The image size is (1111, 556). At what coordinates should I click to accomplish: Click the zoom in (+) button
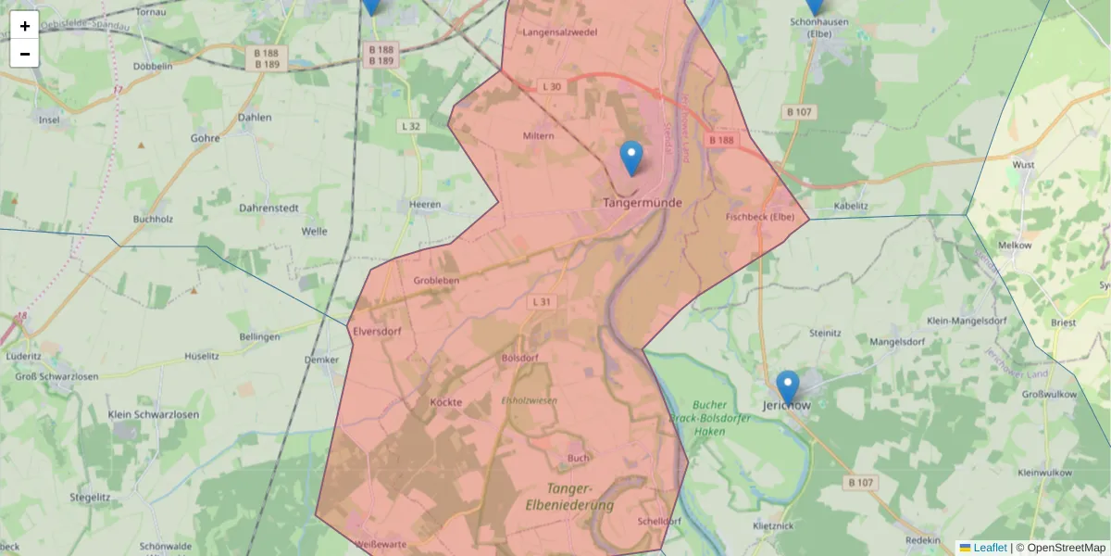click(25, 26)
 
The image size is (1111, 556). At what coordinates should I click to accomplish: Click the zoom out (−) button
click(25, 54)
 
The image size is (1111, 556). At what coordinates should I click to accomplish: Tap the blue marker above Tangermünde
click(631, 158)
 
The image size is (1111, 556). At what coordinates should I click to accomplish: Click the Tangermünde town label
click(643, 202)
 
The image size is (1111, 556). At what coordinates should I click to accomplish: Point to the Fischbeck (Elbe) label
click(761, 218)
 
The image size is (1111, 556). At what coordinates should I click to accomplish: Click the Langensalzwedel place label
click(560, 32)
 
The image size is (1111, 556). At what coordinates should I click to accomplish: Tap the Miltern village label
click(539, 136)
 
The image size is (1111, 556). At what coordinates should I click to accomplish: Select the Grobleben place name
click(436, 280)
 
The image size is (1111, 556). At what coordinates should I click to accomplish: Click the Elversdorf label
click(376, 329)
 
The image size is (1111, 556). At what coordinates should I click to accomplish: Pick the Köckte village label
click(446, 402)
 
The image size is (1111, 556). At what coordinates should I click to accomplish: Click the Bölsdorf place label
click(519, 357)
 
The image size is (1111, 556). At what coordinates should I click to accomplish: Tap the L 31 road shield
click(543, 302)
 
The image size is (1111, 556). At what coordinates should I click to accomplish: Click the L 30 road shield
click(552, 87)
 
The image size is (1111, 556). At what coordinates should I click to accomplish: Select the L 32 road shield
click(411, 126)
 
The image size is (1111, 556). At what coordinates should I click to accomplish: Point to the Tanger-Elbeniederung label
click(569, 497)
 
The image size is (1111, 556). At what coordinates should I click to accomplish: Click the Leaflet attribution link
click(989, 548)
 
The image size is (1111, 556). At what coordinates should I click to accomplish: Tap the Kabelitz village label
click(851, 206)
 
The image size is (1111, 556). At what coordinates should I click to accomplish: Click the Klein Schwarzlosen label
click(154, 414)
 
